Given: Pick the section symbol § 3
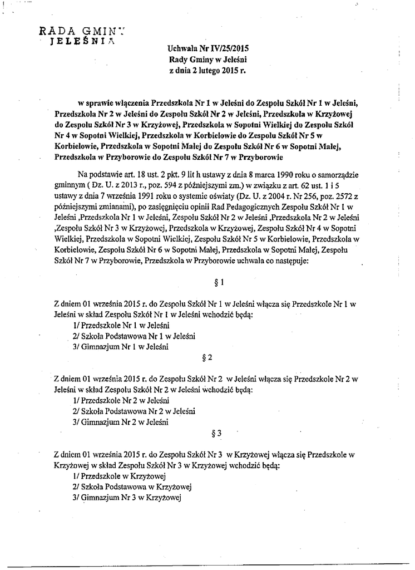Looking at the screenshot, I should point(218,432).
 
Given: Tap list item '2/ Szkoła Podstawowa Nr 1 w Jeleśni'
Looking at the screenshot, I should point(134,336).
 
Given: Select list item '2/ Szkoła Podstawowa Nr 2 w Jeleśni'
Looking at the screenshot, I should point(134,411).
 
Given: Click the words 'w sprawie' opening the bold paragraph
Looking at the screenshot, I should point(93,104).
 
